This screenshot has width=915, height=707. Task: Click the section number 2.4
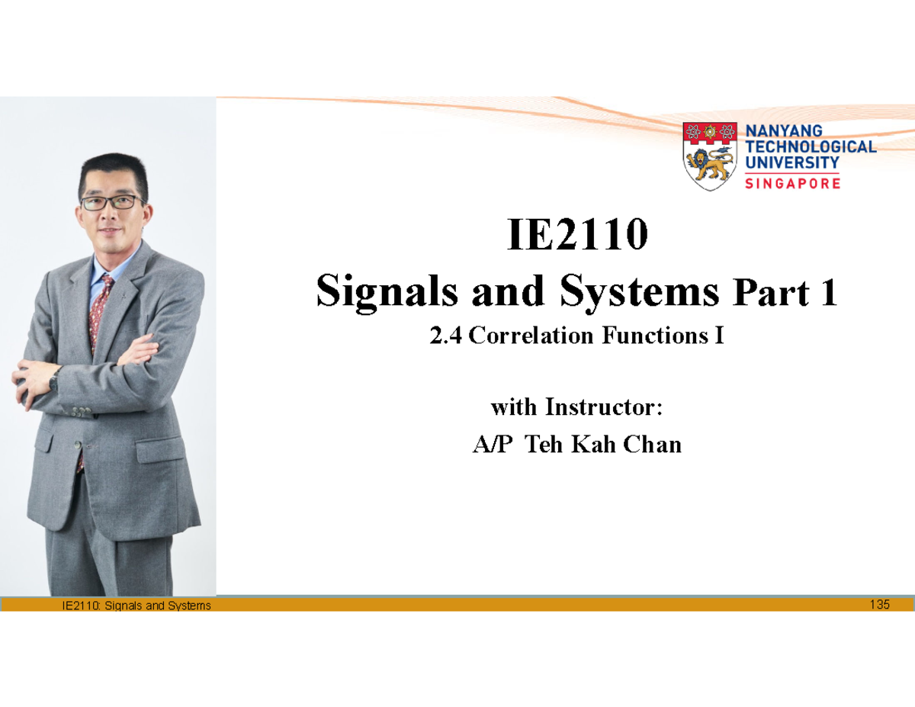(x=446, y=336)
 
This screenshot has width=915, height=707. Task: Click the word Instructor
(x=605, y=408)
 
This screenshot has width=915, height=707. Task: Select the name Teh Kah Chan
(x=603, y=444)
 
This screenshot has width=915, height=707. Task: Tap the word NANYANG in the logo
(x=783, y=131)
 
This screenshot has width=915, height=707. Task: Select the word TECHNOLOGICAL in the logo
(x=810, y=146)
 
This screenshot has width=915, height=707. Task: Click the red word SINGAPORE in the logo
(x=792, y=184)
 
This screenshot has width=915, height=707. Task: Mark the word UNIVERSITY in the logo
(x=791, y=162)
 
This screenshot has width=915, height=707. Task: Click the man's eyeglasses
(x=112, y=203)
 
